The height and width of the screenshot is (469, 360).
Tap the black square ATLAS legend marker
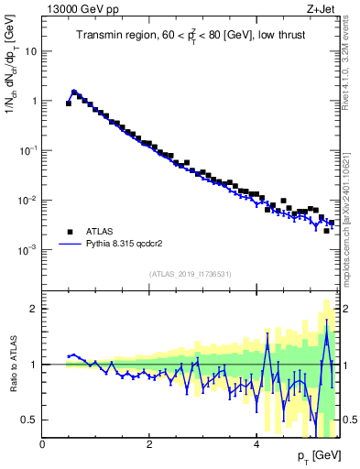tap(70, 232)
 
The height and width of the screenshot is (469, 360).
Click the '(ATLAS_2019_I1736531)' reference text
tap(191, 274)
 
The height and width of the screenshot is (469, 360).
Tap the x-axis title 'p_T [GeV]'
tap(317, 456)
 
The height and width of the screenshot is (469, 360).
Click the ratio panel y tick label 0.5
tap(30, 420)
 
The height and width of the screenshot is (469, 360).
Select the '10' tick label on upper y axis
tap(30, 51)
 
